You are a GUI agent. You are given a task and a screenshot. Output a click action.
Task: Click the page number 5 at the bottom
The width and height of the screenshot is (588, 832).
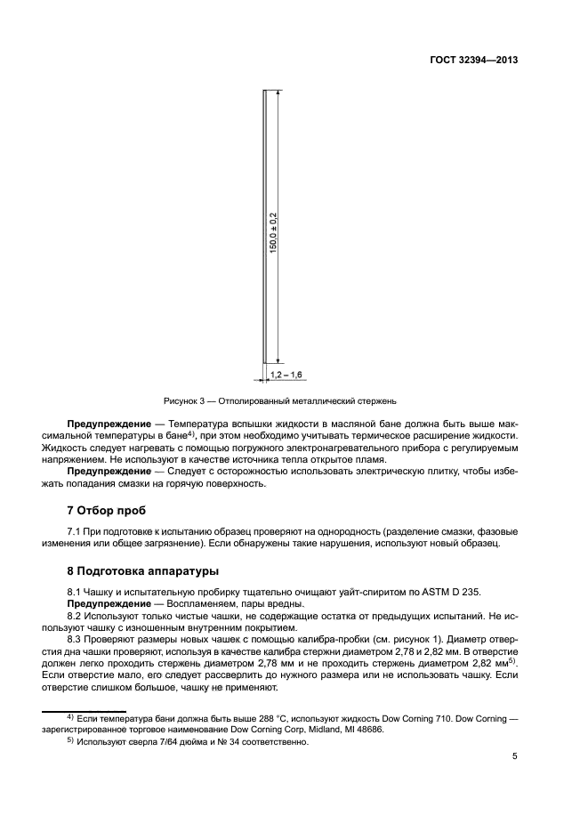(x=515, y=757)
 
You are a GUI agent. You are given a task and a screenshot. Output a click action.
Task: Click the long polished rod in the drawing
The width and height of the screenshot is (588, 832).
(x=265, y=227)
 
